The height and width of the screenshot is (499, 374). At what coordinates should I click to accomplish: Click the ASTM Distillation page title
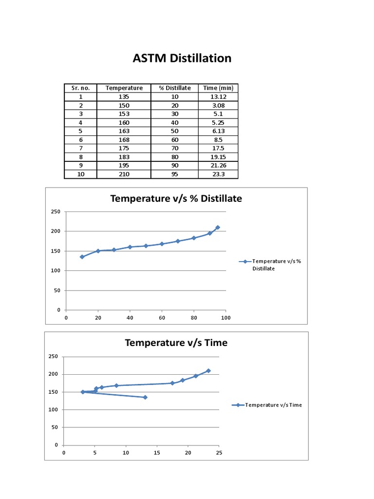tap(182, 58)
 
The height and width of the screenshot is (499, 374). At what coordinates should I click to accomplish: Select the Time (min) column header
tap(218, 88)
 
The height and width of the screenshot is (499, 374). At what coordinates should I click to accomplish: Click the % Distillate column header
tap(175, 88)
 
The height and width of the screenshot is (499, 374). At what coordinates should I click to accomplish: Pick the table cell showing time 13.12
tap(218, 96)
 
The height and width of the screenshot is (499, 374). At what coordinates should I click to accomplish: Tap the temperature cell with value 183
tap(124, 157)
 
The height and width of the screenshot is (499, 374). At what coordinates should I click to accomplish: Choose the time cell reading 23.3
tap(218, 174)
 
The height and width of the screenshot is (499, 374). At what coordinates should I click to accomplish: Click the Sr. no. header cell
tap(80, 88)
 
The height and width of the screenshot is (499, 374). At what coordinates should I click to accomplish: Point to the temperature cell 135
tap(124, 96)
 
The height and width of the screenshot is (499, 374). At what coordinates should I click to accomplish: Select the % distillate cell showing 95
tap(175, 174)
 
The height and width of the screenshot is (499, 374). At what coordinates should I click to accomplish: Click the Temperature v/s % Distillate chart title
tap(176, 198)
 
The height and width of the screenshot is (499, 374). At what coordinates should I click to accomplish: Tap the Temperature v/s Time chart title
tap(176, 343)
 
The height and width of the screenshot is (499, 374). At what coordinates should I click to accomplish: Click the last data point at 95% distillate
tap(218, 227)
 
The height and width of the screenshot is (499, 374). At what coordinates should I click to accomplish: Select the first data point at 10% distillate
tap(82, 257)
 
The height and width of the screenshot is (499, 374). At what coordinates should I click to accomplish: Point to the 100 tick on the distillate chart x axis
tap(225, 318)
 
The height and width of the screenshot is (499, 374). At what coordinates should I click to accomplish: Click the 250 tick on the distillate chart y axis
tap(56, 211)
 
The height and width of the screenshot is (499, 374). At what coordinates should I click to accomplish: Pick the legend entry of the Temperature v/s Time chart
tap(268, 405)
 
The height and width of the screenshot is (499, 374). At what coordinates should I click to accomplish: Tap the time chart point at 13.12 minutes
tap(145, 397)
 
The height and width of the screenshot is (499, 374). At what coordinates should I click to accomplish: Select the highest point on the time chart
tap(208, 371)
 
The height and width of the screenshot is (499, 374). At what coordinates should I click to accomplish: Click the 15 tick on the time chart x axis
tap(157, 453)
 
